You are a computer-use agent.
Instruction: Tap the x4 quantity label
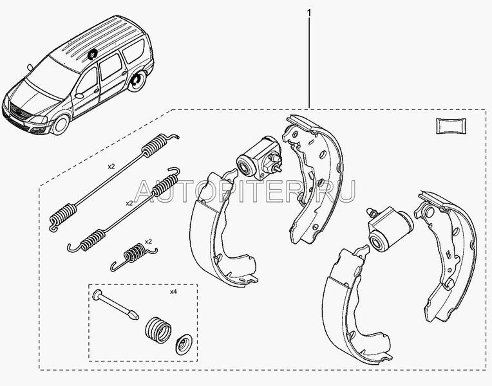tap(173, 292)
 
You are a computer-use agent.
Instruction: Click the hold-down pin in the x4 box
tap(116, 304)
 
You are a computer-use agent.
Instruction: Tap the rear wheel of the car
tap(137, 82)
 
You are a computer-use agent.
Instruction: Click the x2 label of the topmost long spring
tap(111, 166)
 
